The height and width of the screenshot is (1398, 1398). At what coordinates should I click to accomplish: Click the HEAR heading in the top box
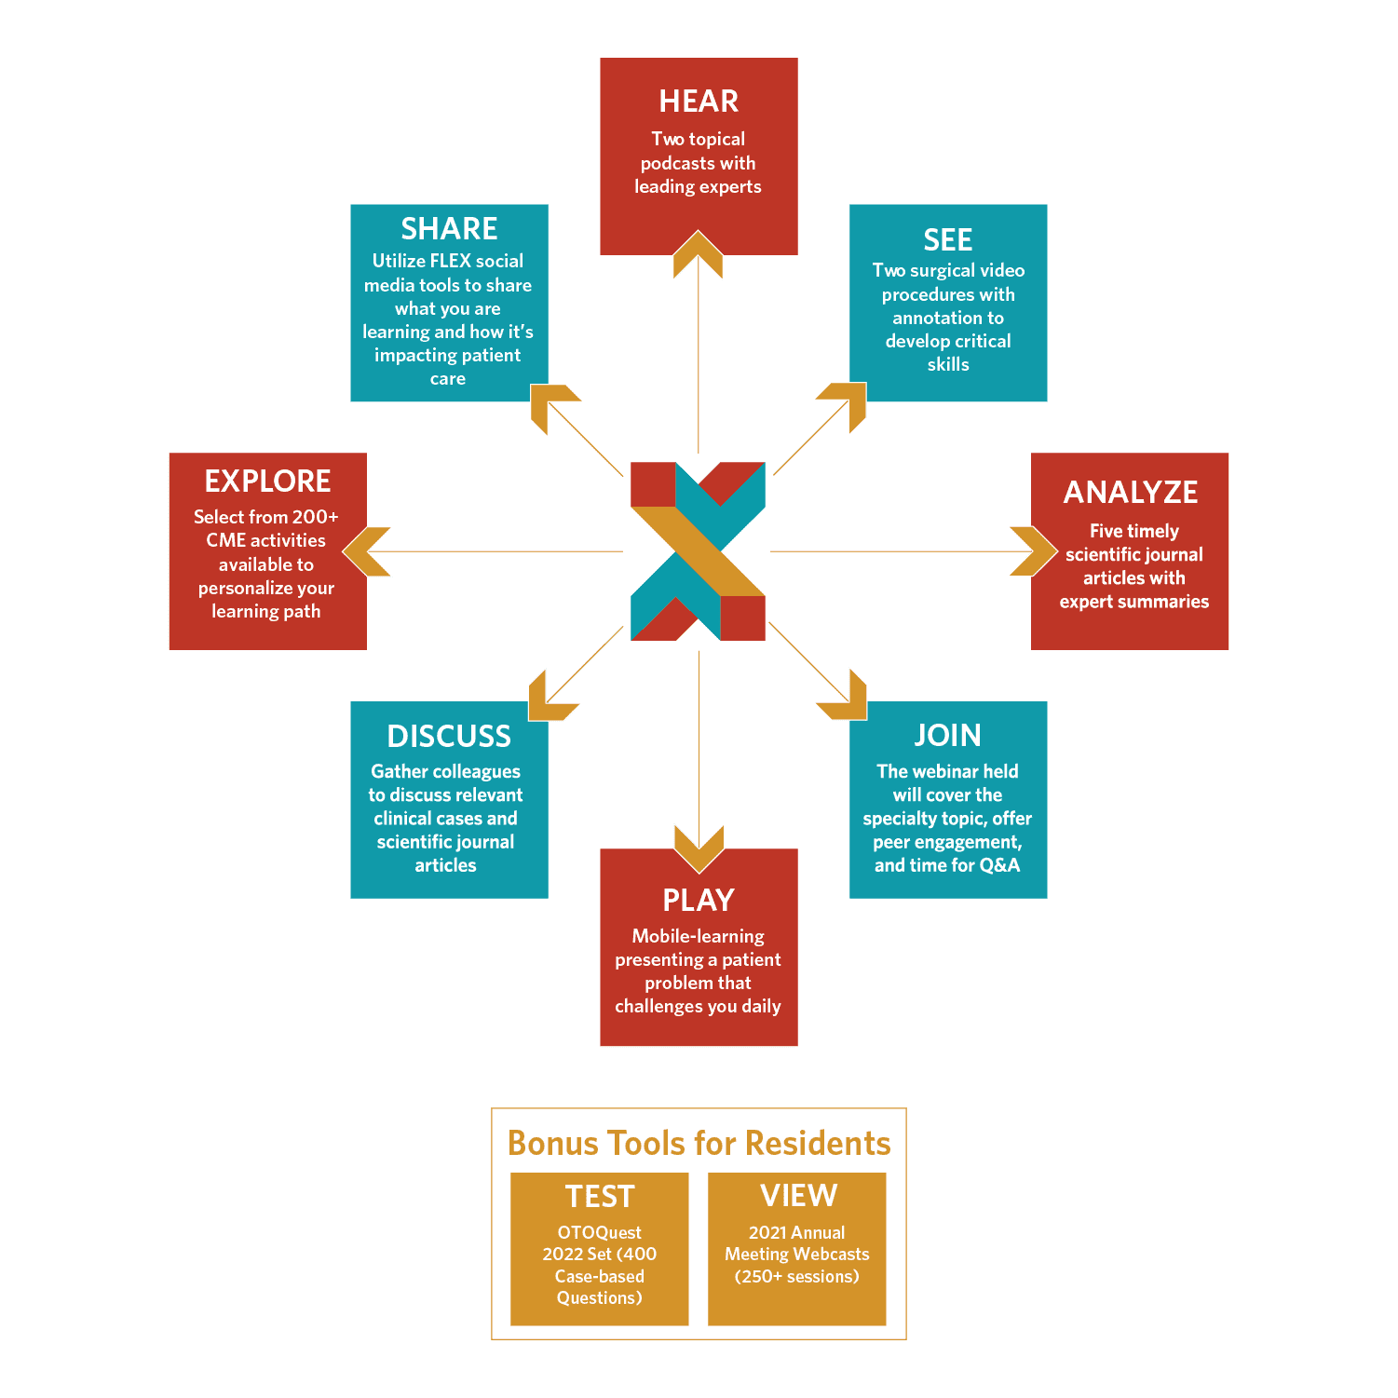[x=699, y=101]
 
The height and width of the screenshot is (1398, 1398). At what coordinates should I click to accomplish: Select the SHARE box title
[x=449, y=228]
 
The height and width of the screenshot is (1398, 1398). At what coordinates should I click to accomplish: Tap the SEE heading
[x=948, y=240]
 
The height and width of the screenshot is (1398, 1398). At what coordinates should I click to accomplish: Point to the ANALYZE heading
[x=1131, y=492]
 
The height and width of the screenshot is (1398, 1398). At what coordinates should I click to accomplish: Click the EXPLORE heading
[x=268, y=481]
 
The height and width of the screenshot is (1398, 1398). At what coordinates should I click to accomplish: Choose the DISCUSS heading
[x=449, y=736]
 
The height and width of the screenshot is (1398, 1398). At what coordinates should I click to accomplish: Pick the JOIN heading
[x=948, y=735]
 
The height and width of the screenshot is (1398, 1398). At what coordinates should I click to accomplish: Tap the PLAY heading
[x=699, y=900]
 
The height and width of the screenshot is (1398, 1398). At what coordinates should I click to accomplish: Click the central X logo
[x=699, y=551]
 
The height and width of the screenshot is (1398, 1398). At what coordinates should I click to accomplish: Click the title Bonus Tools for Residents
[x=699, y=1143]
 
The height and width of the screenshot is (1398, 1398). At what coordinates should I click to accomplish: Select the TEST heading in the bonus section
[x=600, y=1196]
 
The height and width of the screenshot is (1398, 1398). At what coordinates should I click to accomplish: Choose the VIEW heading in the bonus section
[x=798, y=1195]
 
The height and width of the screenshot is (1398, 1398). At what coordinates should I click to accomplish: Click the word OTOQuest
[x=600, y=1232]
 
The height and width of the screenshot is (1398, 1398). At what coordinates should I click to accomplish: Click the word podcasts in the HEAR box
[x=674, y=163]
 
